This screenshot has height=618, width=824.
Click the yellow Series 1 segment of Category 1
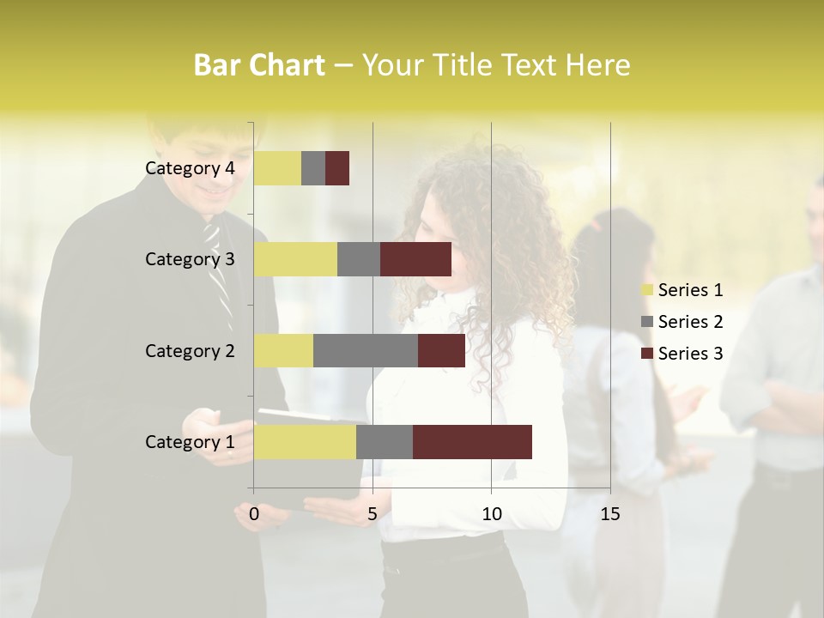click(305, 442)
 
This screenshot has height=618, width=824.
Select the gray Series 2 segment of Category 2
click(366, 350)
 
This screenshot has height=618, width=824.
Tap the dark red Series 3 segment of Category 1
click(472, 442)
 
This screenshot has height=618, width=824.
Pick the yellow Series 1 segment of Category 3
click(295, 259)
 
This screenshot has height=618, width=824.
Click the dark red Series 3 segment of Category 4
click(337, 168)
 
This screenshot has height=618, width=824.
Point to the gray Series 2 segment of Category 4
click(313, 168)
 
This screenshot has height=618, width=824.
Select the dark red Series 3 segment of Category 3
click(415, 259)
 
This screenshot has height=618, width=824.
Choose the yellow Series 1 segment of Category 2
click(283, 350)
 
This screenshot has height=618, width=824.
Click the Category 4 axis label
click(190, 168)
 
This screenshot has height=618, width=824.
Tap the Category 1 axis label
click(190, 442)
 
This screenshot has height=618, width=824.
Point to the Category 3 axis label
click(190, 259)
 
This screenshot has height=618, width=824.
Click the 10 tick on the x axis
click(491, 514)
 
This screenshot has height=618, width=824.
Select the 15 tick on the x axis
click(609, 514)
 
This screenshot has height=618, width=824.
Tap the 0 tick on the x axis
click(253, 514)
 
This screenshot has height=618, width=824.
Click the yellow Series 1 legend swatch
click(646, 290)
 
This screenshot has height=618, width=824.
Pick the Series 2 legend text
click(690, 322)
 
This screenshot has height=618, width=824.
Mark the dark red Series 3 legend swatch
click(646, 354)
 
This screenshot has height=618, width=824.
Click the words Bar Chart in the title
click(259, 65)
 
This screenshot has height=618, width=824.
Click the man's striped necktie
click(219, 275)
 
